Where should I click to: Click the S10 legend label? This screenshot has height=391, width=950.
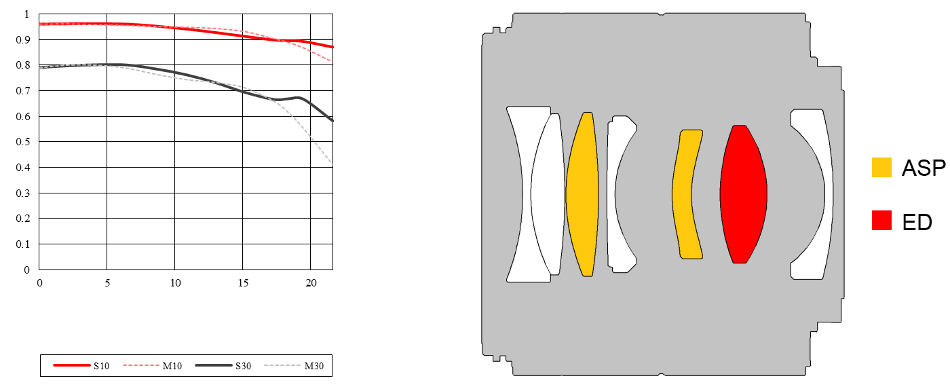[x=101, y=366]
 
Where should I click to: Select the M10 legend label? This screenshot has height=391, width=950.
[x=172, y=366]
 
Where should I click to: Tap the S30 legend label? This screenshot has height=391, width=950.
[x=243, y=366]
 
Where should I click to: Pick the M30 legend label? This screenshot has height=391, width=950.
[x=313, y=366]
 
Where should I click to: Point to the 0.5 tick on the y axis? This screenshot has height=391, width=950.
[x=23, y=142]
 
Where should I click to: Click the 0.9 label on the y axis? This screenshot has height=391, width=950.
[x=23, y=40]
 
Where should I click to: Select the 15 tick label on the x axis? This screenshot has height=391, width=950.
[x=243, y=283]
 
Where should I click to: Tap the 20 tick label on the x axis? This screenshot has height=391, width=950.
[x=311, y=283]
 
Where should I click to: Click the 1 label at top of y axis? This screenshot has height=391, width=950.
[x=26, y=14]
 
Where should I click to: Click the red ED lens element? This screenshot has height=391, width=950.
[x=743, y=194]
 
